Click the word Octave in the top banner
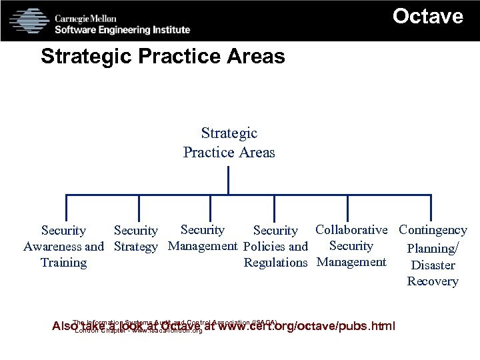427,16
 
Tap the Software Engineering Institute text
122,29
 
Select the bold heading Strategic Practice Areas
163,57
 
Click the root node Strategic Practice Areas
229,143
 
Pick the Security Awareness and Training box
63,246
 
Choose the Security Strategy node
136,238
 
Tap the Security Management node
203,237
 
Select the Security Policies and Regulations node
275,246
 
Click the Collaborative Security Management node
351,245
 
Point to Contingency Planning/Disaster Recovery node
433,255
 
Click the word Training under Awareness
63,263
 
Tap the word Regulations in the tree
275,263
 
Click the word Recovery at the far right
433,281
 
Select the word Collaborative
351,230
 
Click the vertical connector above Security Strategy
139,207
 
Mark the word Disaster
433,265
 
